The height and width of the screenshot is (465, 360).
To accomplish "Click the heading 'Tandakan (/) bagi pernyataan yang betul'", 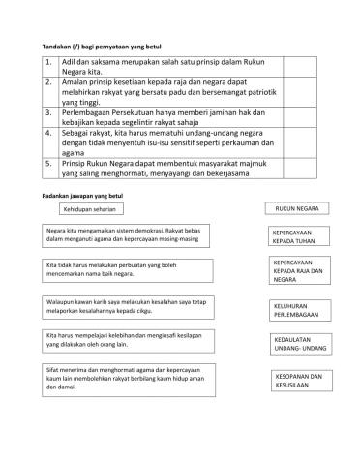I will (102, 45).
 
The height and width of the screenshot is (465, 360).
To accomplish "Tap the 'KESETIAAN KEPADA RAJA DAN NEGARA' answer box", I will (297, 270).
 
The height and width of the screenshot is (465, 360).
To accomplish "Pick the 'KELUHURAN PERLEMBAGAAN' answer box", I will (297, 310).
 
